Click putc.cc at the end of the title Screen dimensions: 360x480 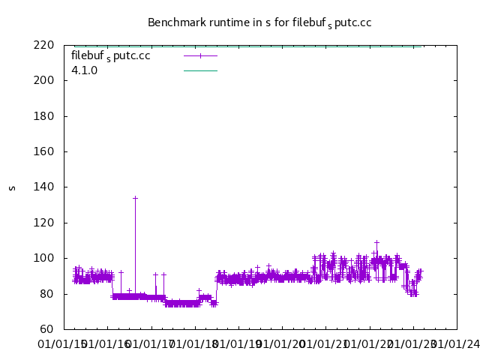353,22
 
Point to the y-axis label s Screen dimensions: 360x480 12,187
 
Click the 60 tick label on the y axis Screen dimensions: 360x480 47,329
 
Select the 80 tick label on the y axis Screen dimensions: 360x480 47,294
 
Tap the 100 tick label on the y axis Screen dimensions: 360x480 44,258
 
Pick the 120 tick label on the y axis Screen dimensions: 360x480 44,223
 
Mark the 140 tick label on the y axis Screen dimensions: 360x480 44,187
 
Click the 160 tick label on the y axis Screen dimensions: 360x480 44,151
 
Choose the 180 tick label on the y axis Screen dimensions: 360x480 44,116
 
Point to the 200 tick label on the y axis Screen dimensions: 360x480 44,80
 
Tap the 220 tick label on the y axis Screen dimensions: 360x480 44,45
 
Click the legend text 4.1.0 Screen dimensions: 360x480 85,70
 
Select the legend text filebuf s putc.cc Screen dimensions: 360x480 110,55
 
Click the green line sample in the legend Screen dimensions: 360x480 200,70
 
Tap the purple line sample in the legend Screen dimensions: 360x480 200,55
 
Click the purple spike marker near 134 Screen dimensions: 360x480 135,198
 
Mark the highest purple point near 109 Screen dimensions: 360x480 376,242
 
